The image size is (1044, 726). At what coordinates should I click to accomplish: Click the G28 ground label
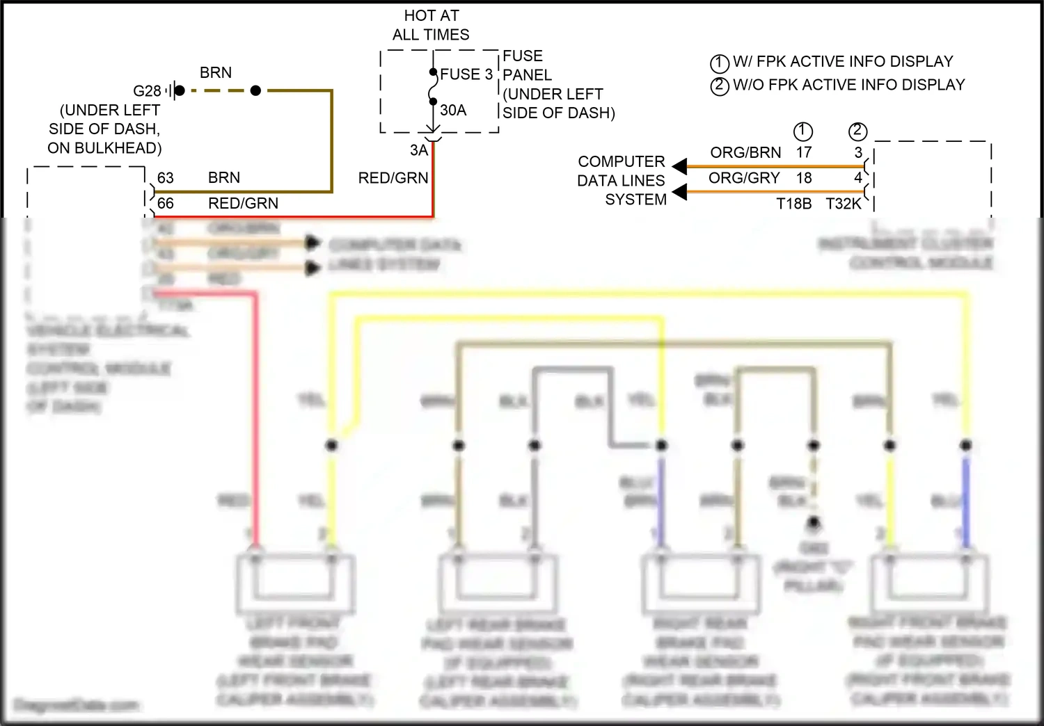click(147, 91)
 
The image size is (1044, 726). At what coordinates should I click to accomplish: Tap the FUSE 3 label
click(466, 74)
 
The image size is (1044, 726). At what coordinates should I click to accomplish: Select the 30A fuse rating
click(453, 110)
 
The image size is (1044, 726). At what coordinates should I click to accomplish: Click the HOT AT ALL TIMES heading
click(431, 25)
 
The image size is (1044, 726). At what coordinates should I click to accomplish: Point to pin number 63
click(165, 178)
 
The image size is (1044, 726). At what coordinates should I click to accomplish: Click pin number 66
click(165, 203)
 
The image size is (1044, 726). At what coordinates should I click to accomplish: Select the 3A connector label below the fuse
click(418, 150)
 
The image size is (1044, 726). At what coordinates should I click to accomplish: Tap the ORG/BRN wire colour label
click(745, 152)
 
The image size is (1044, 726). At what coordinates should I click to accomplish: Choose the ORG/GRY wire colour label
click(744, 178)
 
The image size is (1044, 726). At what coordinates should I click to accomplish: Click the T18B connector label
click(794, 204)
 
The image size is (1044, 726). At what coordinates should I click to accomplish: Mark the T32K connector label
click(844, 204)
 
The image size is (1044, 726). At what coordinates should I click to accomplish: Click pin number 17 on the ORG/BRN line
click(804, 152)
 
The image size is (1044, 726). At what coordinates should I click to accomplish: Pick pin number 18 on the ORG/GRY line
click(804, 178)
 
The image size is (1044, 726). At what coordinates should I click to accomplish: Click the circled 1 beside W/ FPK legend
click(719, 63)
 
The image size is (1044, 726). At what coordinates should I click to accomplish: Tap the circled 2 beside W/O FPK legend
click(719, 86)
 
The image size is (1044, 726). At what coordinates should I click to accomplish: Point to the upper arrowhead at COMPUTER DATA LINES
click(680, 166)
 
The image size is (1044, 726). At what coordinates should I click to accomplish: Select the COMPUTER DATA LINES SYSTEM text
click(622, 181)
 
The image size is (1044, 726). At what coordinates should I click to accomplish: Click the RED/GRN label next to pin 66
click(243, 203)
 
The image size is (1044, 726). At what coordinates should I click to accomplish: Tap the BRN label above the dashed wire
click(216, 72)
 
